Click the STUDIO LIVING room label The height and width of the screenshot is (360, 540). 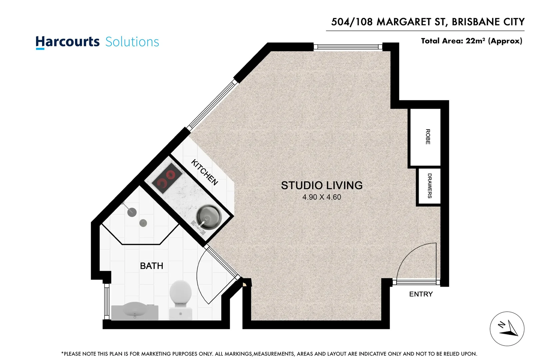[321, 185]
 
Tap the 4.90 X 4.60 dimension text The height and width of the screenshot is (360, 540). [321, 197]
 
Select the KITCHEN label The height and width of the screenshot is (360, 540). [205, 172]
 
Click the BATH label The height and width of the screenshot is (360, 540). [152, 266]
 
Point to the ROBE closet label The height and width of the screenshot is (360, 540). [428, 137]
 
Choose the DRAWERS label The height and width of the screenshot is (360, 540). [429, 186]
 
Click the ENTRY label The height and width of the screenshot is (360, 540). [421, 294]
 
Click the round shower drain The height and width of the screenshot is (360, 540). [143, 223]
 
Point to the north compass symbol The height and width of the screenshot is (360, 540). [507, 329]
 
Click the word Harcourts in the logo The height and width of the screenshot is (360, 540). [68, 42]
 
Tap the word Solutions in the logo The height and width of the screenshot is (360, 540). [132, 42]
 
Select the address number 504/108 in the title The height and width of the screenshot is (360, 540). [352, 22]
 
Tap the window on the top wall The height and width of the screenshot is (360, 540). [348, 47]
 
